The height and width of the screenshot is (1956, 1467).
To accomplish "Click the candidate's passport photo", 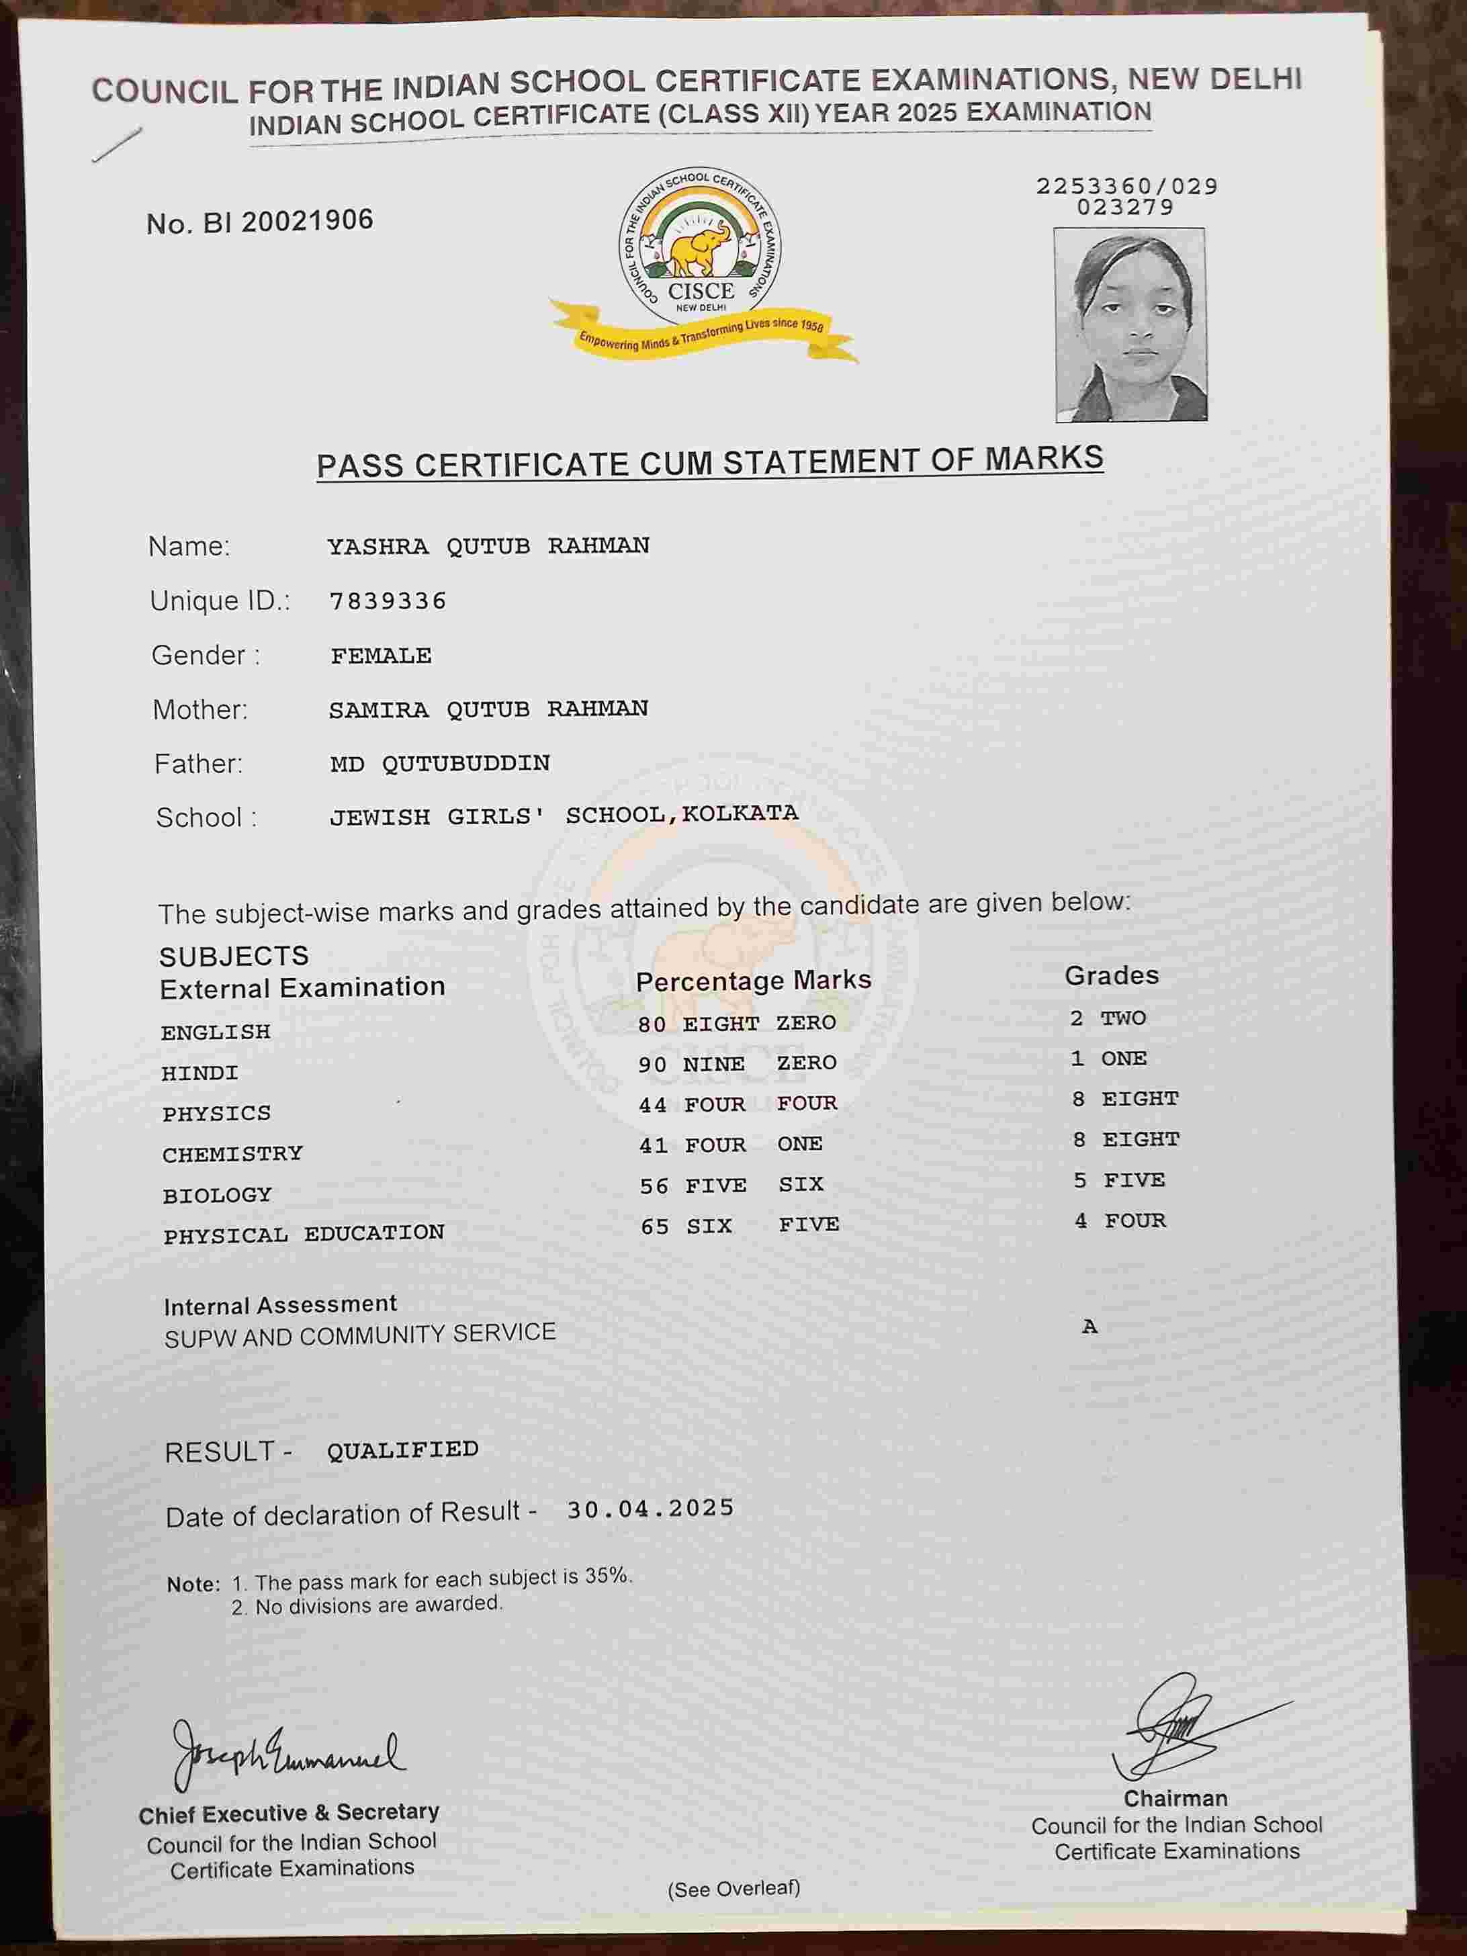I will click(x=1130, y=324).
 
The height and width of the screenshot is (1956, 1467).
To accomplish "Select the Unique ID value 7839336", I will click(x=388, y=601).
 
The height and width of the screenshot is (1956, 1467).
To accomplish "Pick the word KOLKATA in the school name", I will click(x=740, y=813).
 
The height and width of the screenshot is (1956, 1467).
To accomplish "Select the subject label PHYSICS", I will click(x=217, y=1113).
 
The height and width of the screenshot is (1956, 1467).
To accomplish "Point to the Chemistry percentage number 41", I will click(x=654, y=1145).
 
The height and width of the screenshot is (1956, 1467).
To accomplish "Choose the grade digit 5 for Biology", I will click(x=1079, y=1180).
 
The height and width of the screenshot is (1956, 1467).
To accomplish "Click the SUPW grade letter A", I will click(x=1090, y=1327).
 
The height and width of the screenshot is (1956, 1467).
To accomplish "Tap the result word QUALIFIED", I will click(x=403, y=1450).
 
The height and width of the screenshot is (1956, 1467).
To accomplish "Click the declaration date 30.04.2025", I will click(x=650, y=1509).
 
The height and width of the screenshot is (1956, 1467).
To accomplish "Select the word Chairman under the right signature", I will click(x=1175, y=1799).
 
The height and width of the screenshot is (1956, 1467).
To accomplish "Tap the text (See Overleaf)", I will click(x=734, y=1890).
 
